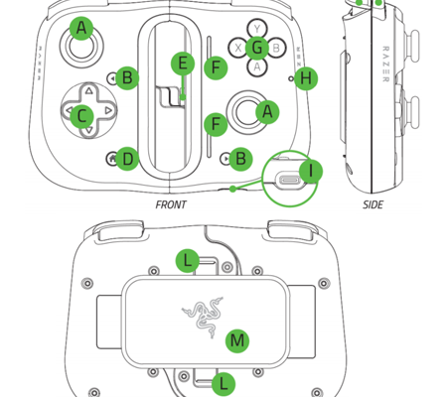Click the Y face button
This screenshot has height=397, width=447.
pos(257,28)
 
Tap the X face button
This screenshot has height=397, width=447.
pos(237,48)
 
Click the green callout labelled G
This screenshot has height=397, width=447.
pos(257,48)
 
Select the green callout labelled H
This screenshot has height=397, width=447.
pos(306,78)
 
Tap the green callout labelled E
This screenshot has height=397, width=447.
pos(183,64)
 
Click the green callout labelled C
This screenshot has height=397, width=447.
pos(81,116)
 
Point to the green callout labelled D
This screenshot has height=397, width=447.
pos(127,159)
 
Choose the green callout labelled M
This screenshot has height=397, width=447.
pos(237,340)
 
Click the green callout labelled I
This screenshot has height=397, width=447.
pos(311,171)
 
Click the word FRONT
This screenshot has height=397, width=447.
pos(171,204)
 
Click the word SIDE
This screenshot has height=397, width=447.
pos(372,204)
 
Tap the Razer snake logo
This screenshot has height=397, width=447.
pos(203,317)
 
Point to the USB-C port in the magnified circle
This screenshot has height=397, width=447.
pos(289,181)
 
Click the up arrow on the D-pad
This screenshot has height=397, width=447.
pos(88,90)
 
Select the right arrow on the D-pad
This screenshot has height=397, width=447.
pos(108,110)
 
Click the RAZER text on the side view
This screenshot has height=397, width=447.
pos(385,64)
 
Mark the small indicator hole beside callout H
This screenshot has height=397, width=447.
pos(291,78)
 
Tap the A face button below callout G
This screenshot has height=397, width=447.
pos(257,67)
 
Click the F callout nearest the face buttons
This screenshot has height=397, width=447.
pos(216,67)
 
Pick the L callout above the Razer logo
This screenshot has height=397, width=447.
pos(188,261)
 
